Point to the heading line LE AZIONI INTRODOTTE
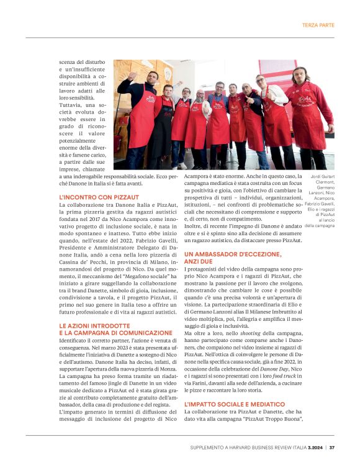[90, 325]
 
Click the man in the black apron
[161, 124]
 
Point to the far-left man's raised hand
[130, 77]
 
